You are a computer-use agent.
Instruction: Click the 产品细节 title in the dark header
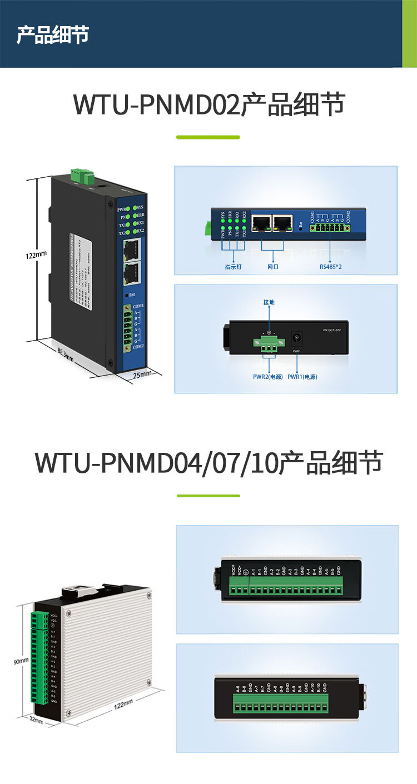(53, 34)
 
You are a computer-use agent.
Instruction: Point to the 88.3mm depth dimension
(66, 354)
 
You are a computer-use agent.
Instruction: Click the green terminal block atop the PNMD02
(81, 176)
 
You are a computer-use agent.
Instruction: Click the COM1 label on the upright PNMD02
(138, 306)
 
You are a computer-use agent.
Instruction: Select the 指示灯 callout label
(234, 267)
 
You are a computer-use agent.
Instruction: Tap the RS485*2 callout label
(331, 267)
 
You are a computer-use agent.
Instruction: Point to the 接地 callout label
(269, 302)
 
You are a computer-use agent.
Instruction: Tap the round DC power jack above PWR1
(296, 337)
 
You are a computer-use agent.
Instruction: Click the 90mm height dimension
(21, 662)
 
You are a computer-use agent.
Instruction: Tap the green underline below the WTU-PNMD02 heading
(208, 137)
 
